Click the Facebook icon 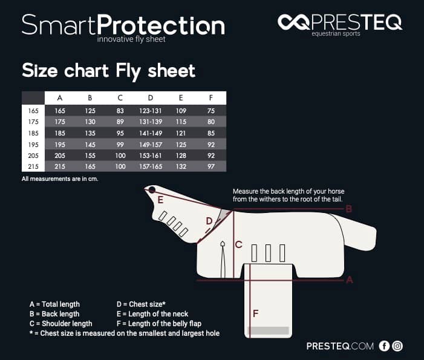(384, 346)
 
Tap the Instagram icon (397, 346)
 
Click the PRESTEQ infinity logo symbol (293, 22)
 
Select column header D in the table (151, 98)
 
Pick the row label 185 (33, 133)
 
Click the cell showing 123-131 (151, 111)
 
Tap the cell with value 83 (120, 111)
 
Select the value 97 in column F (211, 166)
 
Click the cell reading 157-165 (151, 166)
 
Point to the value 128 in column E (181, 155)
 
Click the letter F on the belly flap (255, 313)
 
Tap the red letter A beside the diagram (350, 280)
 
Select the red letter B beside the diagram (349, 209)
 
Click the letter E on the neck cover (160, 200)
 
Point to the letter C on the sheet (238, 244)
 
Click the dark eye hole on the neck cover (152, 190)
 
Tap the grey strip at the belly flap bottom (268, 330)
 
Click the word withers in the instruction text (270, 199)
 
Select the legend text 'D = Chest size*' (141, 304)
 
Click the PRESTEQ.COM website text (340, 346)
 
